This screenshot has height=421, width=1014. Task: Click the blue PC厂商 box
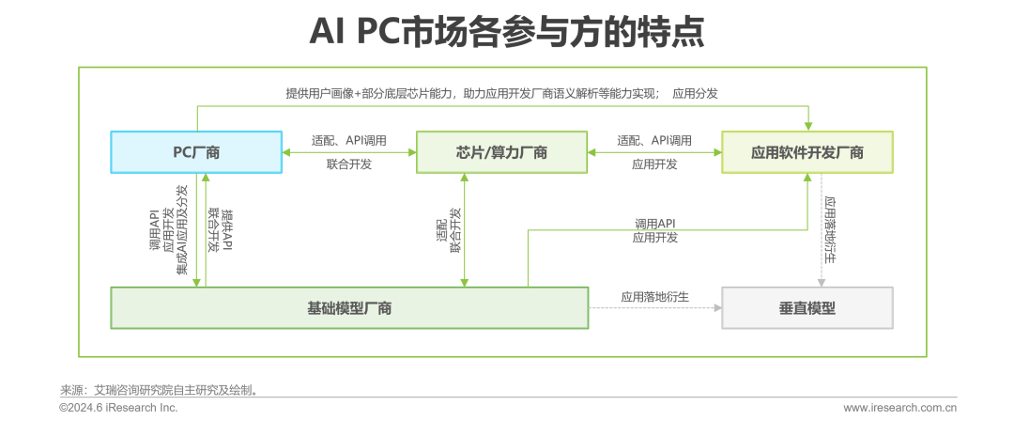(x=195, y=152)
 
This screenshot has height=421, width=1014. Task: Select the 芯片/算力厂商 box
(x=501, y=152)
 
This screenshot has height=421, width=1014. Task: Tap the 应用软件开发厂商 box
(x=807, y=152)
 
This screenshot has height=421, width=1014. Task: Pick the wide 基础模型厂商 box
(x=349, y=308)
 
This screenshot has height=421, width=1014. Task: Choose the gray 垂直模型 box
(x=807, y=308)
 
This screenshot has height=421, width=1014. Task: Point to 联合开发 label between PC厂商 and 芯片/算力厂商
(x=349, y=164)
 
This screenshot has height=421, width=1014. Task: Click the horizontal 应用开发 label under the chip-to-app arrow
(x=654, y=164)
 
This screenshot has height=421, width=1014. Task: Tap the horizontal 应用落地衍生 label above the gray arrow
(x=654, y=297)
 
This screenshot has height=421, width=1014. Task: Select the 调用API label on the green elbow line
(x=654, y=223)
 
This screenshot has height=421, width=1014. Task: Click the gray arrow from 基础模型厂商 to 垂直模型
(x=654, y=308)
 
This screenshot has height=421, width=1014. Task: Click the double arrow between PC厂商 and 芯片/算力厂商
(x=348, y=152)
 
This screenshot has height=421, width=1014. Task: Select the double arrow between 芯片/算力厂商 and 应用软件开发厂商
(x=654, y=152)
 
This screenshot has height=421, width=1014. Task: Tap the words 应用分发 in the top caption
(x=696, y=93)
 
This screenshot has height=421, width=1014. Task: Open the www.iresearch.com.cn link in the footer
(x=899, y=408)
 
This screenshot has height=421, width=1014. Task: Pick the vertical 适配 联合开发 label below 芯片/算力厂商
(x=449, y=230)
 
